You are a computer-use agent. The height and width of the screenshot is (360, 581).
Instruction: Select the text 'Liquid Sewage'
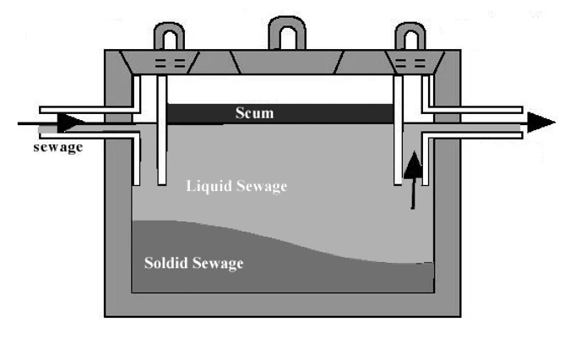tap(236, 186)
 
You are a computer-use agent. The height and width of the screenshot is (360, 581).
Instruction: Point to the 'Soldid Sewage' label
tap(193, 264)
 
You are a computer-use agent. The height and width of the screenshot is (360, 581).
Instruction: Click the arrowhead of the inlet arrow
tap(71, 123)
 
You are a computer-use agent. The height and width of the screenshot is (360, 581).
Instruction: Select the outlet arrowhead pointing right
tap(540, 123)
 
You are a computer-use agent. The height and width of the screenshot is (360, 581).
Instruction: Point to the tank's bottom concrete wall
tap(283, 306)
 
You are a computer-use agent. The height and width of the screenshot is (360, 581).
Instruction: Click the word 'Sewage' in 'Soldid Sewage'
tap(219, 264)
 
